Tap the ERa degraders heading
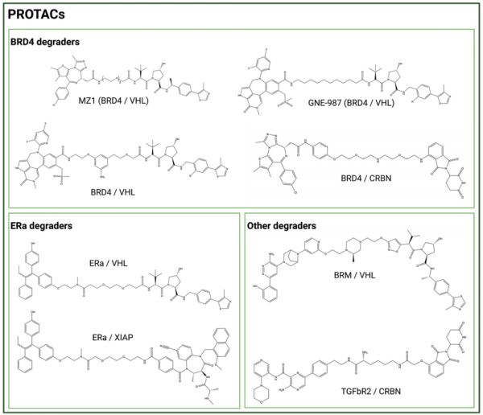coord(46,226)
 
